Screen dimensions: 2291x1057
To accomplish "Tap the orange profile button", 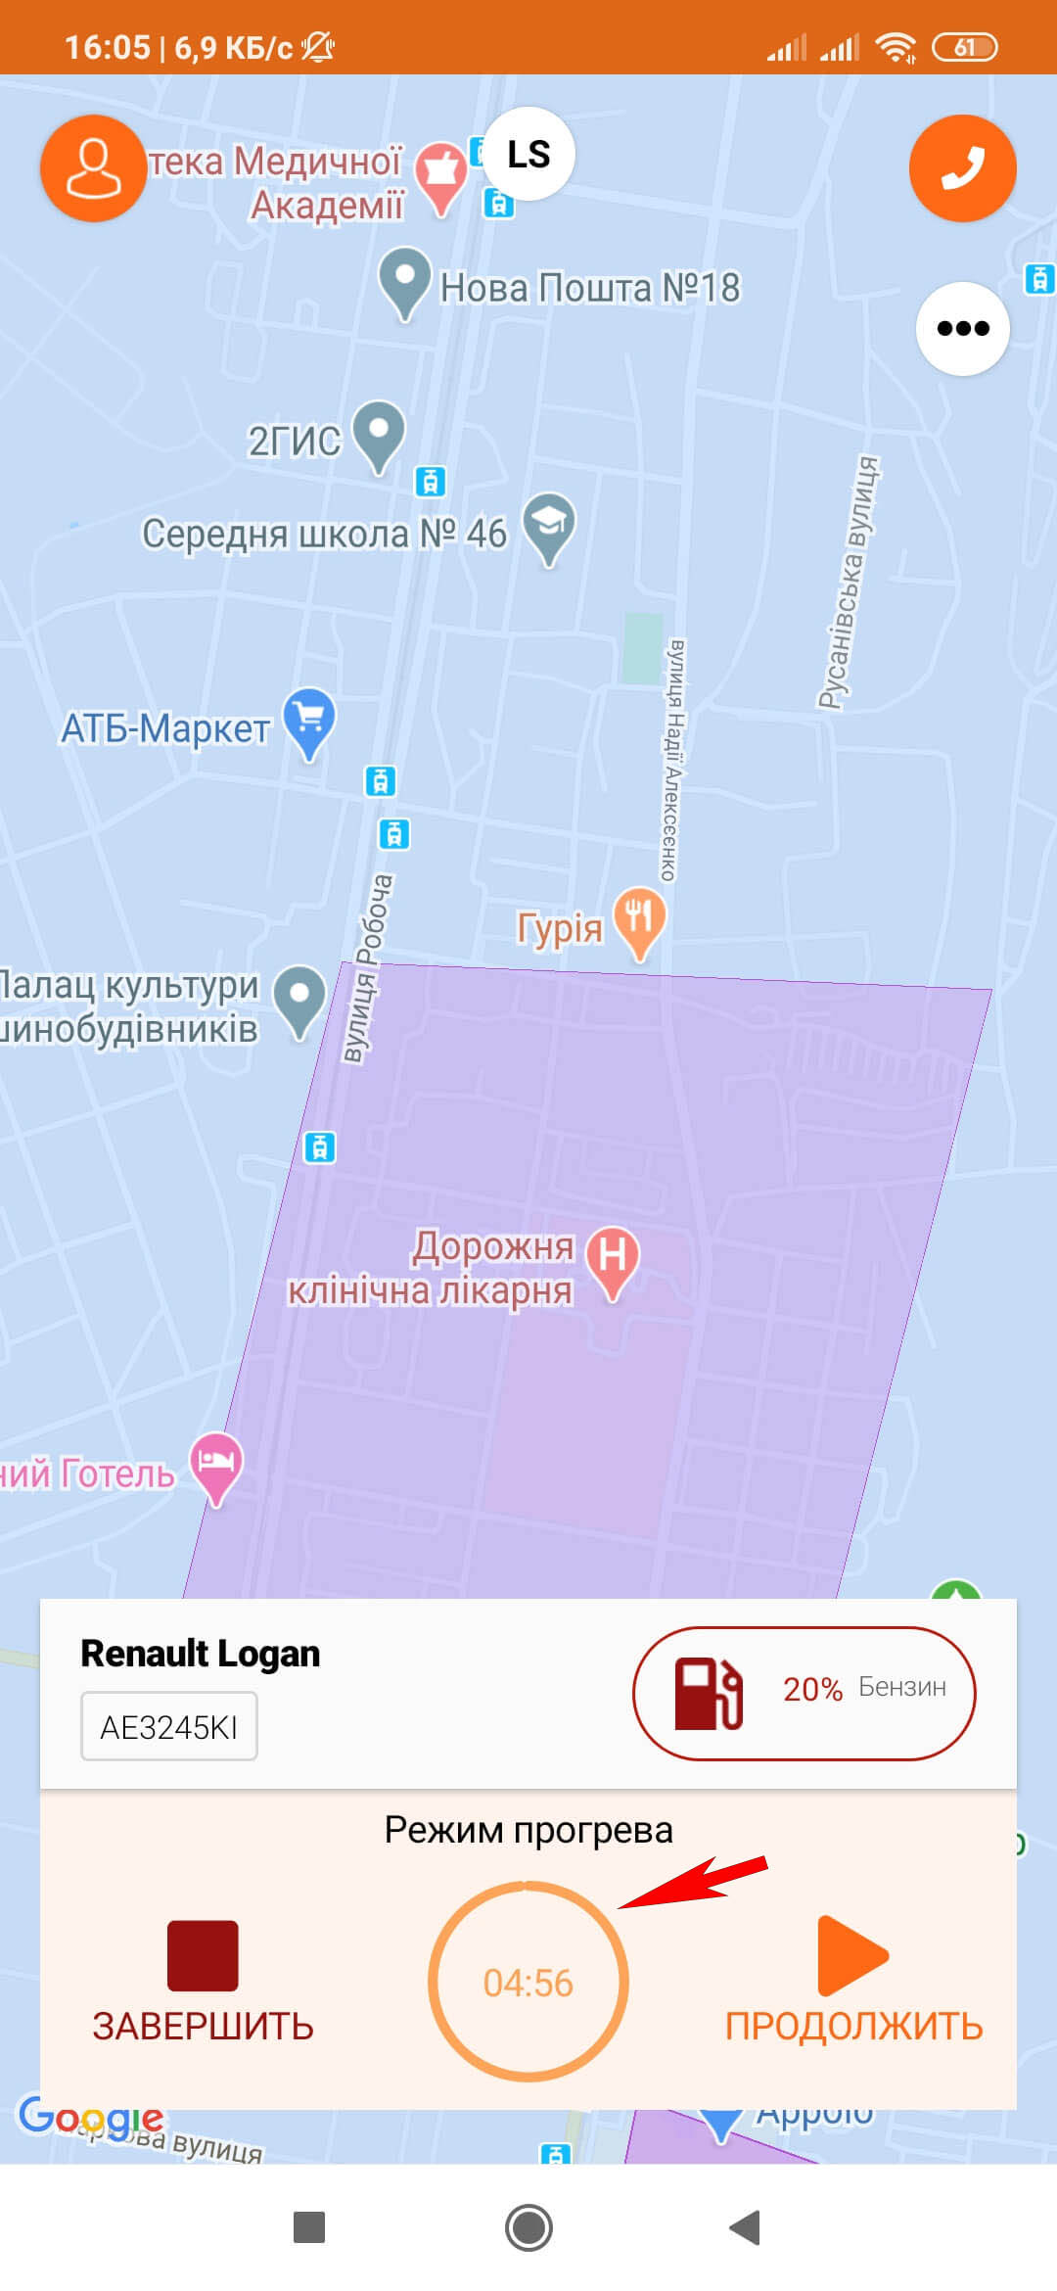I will point(93,168).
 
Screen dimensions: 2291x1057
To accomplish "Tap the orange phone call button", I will point(962,168).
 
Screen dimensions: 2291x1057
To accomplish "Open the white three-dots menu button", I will point(962,328).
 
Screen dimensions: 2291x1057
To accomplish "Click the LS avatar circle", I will point(528,154).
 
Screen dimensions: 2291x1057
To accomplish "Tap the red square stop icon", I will point(203,1955).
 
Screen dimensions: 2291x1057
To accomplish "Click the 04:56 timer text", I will point(528,1983).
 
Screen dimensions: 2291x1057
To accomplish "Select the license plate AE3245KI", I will point(169,1727).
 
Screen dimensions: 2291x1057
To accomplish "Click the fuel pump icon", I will point(709,1693).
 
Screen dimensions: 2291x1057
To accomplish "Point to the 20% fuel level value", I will point(812,1689).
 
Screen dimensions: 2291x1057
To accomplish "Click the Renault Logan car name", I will point(201,1654).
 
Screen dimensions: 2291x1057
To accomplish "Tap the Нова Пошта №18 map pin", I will point(404,281).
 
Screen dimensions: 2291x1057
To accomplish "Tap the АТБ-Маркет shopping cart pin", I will point(309,722).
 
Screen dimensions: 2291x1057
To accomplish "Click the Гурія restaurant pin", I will point(639,920).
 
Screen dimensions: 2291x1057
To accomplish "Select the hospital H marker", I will point(613,1259).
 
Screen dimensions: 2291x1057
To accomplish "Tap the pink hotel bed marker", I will point(215,1465).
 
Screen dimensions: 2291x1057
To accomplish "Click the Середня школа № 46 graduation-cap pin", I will point(549,526).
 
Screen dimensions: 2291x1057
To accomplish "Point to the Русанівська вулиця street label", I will point(849,582).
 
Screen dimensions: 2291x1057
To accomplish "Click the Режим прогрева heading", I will point(528,1830).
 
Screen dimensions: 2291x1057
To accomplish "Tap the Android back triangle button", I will point(746,2227).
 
